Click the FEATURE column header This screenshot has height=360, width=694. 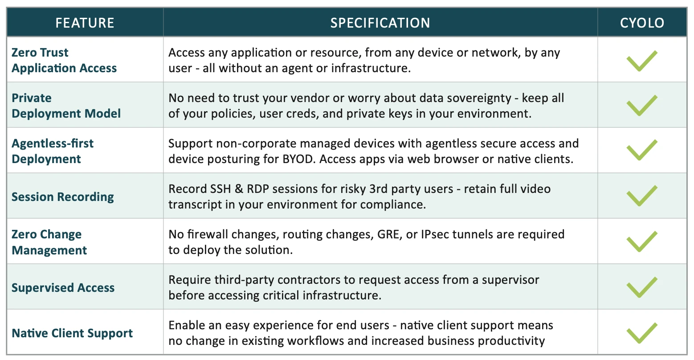(85, 23)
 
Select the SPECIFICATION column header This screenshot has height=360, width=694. (380, 23)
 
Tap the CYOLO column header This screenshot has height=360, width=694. (642, 23)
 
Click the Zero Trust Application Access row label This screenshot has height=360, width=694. (64, 60)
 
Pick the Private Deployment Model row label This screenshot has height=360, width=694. (66, 106)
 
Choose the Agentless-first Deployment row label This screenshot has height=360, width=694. (53, 151)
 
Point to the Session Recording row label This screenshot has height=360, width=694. (62, 197)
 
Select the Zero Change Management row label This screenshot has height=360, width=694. (49, 242)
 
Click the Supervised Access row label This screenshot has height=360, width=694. (63, 287)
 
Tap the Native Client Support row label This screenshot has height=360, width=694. (72, 333)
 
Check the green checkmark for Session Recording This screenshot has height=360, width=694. (641, 196)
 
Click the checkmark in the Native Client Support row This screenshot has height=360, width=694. (641, 334)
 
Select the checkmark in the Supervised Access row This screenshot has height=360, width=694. (641, 288)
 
